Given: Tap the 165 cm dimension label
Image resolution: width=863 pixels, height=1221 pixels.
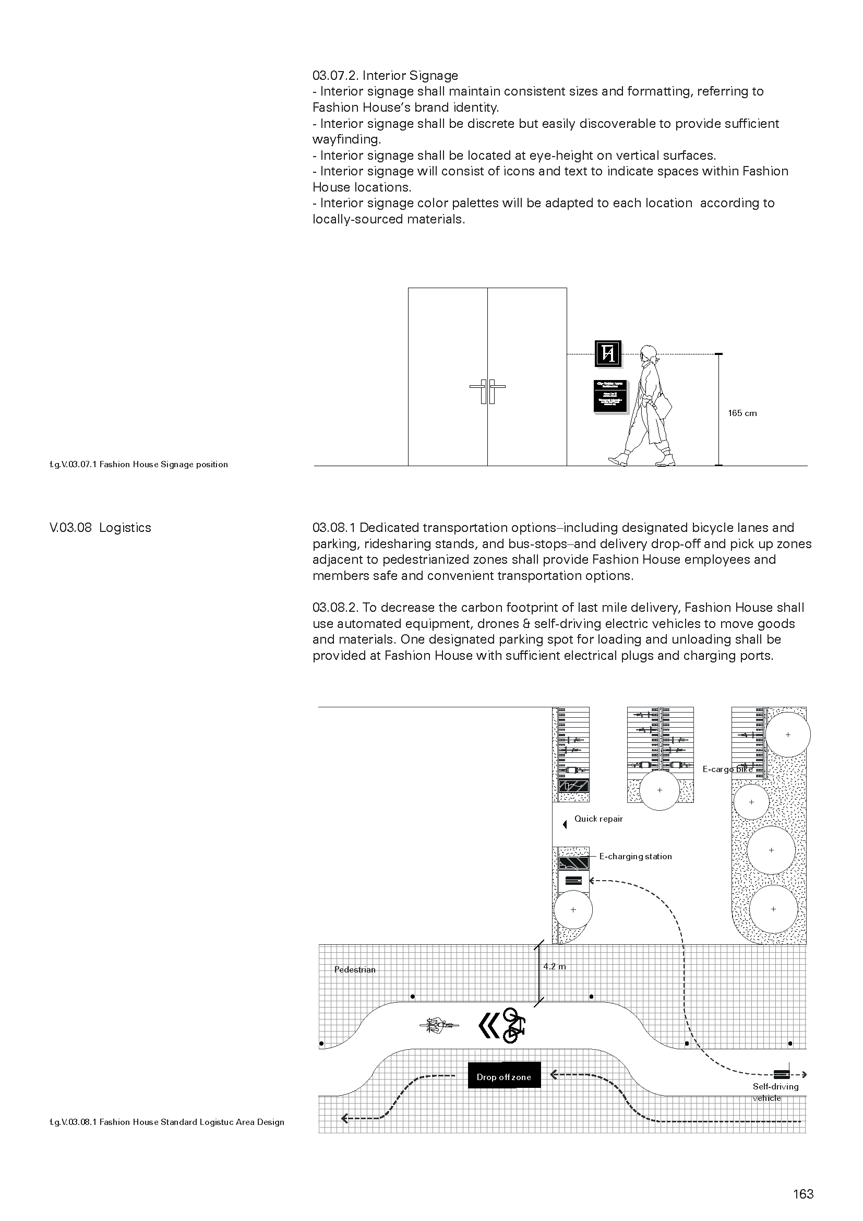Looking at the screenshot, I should point(742,413).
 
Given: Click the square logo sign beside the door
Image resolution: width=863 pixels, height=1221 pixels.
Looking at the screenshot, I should point(608,353).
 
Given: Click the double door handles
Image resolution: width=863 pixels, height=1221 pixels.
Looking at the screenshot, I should point(487,392).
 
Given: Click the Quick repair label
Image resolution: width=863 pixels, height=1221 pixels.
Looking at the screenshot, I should point(598,819).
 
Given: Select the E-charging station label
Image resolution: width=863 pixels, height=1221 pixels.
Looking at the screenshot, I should point(635,856).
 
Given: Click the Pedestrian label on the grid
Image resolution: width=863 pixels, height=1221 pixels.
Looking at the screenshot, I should point(354,969).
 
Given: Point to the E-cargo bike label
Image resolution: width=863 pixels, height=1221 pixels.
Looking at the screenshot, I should point(727,769).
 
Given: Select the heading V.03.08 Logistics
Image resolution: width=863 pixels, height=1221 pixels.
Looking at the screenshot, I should point(100,528).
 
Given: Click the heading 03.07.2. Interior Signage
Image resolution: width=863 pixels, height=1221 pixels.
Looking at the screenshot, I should point(385,76).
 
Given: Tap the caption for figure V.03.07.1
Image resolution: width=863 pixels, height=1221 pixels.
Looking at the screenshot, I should point(138,464).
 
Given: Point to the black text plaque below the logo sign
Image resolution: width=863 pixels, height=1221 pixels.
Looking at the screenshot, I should point(610,396).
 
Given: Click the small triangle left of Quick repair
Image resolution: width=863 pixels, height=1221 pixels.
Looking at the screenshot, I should point(565,825).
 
